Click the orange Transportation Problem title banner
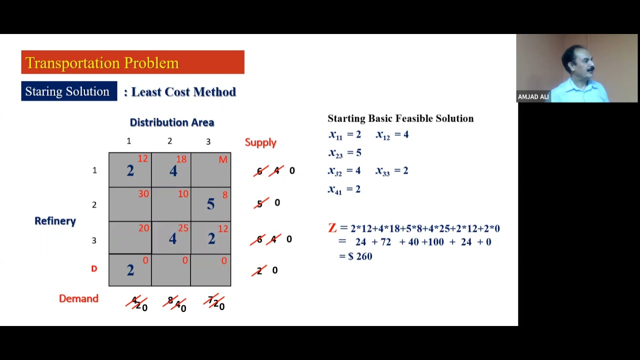click(x=132, y=62)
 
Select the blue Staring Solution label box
click(x=69, y=91)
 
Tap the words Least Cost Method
click(x=183, y=92)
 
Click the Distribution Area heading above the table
click(x=171, y=122)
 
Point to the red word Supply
click(x=260, y=142)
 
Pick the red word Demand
click(x=78, y=298)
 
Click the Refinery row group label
click(x=55, y=221)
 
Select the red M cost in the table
click(x=223, y=159)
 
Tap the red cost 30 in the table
click(x=143, y=193)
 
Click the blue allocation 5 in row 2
click(x=210, y=204)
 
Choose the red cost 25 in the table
click(x=183, y=228)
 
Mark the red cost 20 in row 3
click(x=143, y=228)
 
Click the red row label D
click(x=94, y=269)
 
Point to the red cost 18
click(x=181, y=159)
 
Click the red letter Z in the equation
click(x=332, y=228)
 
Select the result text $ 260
click(x=360, y=256)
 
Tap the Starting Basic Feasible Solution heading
click(x=400, y=118)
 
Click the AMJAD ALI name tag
click(x=533, y=97)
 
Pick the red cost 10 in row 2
click(x=183, y=193)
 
